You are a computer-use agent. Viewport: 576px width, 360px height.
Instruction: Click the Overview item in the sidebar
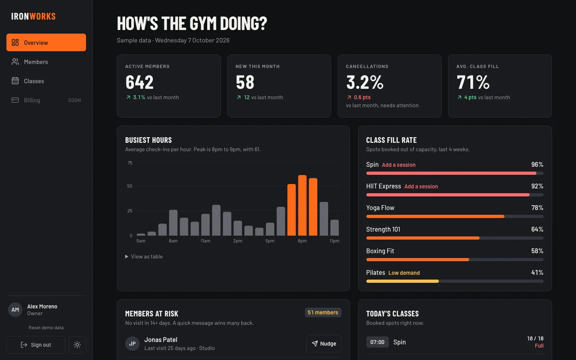coord(46,42)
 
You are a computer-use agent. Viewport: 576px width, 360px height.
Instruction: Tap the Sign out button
coord(36,344)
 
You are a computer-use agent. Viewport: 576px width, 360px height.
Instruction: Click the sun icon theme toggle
coord(77,344)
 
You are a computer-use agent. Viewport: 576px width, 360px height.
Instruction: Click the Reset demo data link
coord(46,328)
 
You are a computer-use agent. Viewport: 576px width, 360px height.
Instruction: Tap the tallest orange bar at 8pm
coord(302,205)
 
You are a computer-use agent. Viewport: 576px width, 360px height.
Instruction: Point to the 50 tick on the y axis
coord(130,186)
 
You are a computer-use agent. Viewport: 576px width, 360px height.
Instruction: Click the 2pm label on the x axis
coord(238,241)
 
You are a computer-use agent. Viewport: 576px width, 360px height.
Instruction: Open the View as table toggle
coord(144,256)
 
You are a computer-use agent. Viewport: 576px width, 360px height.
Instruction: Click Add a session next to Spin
coord(398,165)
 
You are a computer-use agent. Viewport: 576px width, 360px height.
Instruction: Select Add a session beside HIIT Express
coord(421,186)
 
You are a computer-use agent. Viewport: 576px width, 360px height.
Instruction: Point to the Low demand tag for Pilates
coord(404,273)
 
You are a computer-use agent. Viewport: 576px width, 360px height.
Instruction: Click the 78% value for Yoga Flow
coord(537,208)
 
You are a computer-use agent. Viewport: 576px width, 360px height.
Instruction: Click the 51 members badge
coord(323,312)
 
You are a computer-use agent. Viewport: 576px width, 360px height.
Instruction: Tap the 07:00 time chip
coord(377,342)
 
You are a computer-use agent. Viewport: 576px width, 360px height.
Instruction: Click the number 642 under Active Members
coord(139,82)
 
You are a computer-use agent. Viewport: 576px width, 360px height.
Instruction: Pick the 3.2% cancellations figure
coord(365,82)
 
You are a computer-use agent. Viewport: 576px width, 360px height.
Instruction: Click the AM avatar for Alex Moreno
coord(15,310)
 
